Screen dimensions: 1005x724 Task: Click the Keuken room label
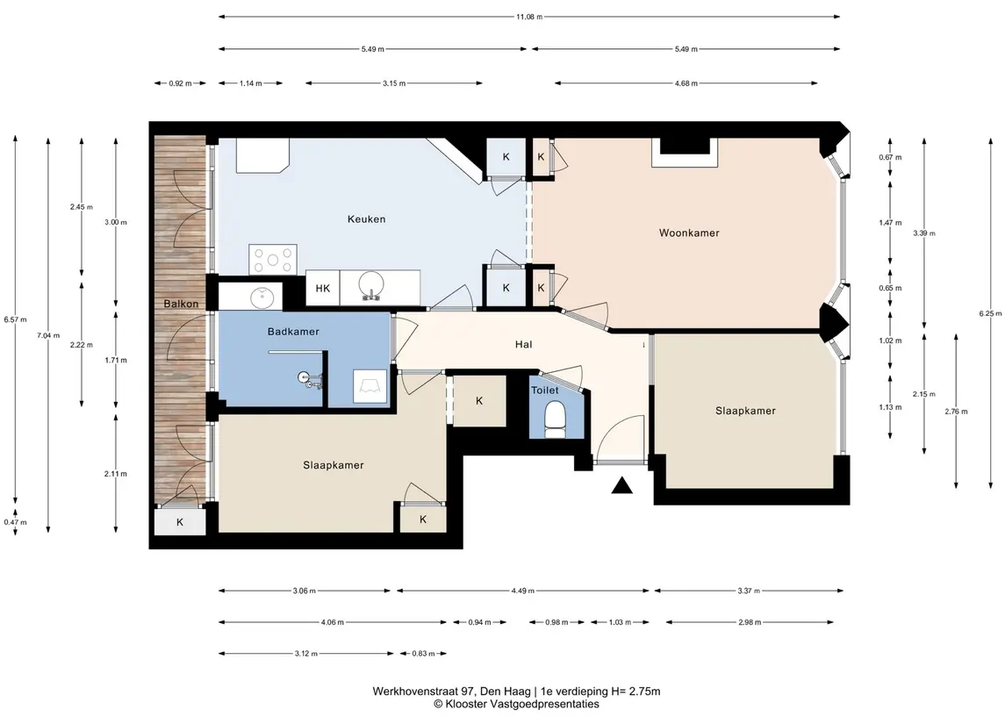point(366,219)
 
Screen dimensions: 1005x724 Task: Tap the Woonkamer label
point(689,233)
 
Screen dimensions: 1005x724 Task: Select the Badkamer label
point(293,332)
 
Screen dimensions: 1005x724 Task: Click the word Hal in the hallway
point(524,345)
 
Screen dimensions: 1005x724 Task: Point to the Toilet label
point(544,391)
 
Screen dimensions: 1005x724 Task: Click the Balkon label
point(181,304)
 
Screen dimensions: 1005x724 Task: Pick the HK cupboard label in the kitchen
point(322,289)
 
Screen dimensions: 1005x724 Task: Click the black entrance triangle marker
point(621,485)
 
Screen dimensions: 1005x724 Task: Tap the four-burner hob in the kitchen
point(272,260)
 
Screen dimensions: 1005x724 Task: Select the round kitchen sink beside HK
point(370,284)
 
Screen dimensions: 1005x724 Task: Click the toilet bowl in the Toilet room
point(555,419)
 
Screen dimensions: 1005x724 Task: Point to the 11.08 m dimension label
point(529,17)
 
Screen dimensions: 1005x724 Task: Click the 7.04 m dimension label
point(48,335)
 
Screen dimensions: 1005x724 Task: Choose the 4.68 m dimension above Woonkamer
point(686,83)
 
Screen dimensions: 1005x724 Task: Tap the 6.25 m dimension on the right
point(989,313)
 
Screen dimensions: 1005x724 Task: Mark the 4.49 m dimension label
point(522,591)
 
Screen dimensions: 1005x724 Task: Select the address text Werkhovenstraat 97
point(424,692)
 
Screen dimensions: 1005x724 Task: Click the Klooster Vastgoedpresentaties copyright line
point(517,704)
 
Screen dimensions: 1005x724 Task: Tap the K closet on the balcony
point(180,522)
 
